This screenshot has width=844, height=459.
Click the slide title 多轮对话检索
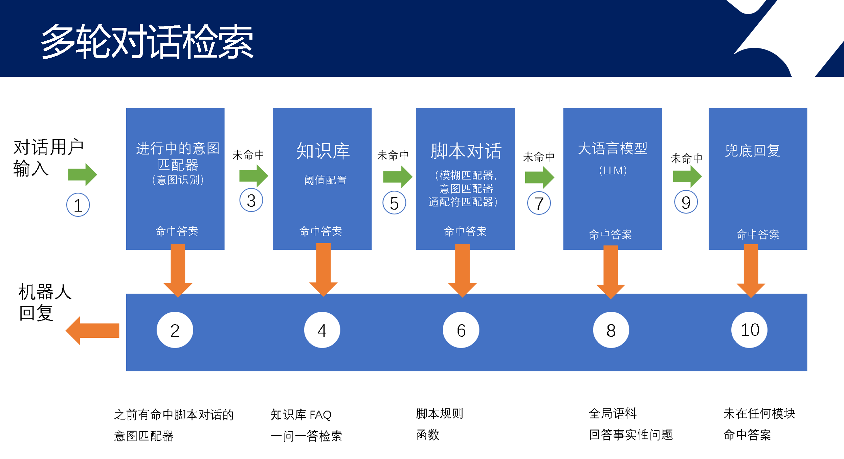point(147,41)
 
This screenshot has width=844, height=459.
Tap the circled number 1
point(78,205)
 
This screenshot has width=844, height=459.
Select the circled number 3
point(251,200)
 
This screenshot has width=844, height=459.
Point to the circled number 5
point(394,203)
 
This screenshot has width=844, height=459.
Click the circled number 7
point(539,203)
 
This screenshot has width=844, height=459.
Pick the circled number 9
point(686,202)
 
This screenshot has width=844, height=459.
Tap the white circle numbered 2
point(175,330)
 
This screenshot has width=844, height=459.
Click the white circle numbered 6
point(461,330)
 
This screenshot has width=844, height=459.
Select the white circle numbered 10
point(750,330)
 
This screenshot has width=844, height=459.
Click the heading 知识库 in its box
point(323,151)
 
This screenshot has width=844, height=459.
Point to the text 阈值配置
point(325,180)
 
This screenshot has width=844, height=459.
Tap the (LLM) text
point(613,170)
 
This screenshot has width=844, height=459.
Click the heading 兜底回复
point(753,151)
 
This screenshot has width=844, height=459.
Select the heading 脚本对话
point(466,151)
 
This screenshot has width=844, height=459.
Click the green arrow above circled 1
point(82,174)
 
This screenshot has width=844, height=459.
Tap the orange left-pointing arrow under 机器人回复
point(92,331)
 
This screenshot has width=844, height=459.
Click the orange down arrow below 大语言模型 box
point(610,271)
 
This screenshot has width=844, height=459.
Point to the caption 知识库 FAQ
point(301,415)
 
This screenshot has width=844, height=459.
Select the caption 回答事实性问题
point(631,435)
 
